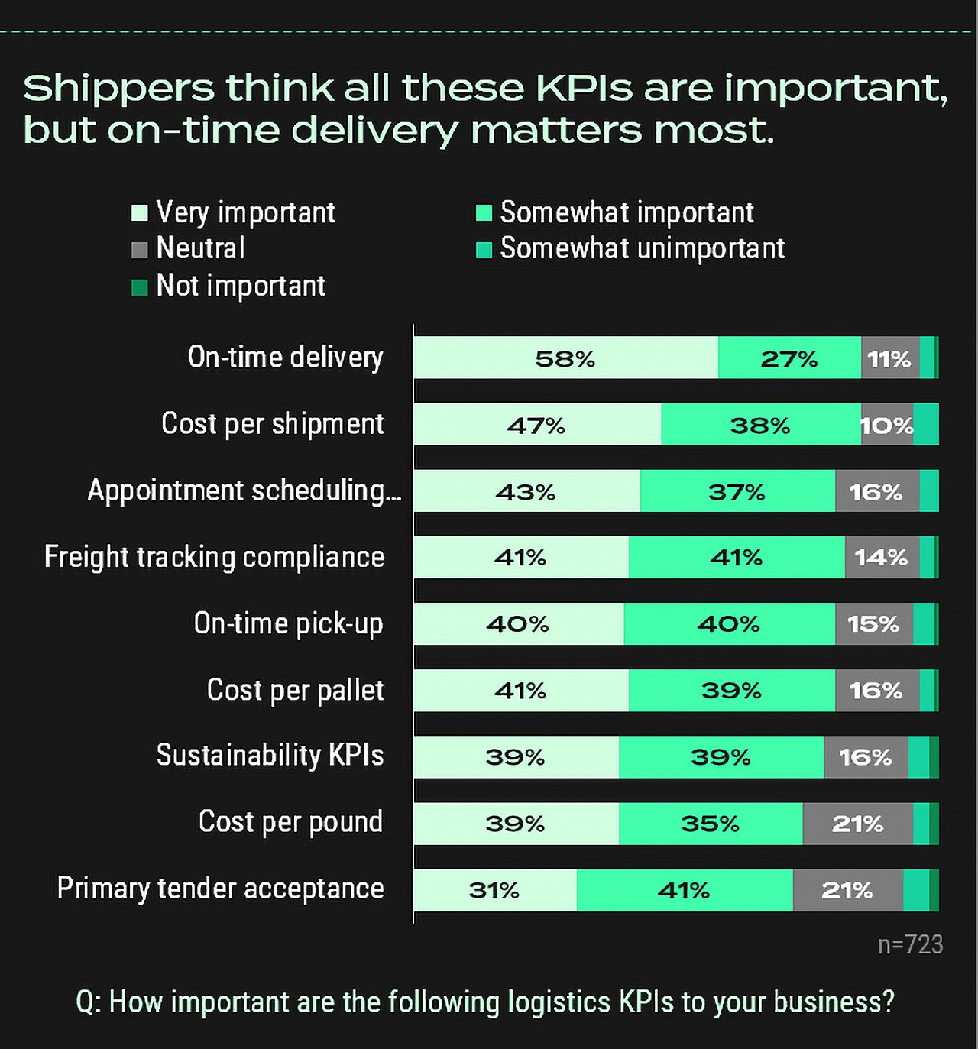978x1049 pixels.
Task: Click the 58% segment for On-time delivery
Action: click(565, 358)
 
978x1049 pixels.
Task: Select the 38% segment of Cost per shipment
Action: click(760, 425)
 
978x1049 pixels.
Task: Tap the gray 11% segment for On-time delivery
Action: click(889, 358)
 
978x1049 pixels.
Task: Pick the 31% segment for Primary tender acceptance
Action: click(494, 890)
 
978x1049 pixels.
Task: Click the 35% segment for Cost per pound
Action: click(710, 824)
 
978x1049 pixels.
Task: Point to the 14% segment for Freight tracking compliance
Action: click(882, 558)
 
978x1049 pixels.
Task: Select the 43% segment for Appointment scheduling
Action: click(526, 491)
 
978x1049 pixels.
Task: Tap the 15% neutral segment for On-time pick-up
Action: click(873, 624)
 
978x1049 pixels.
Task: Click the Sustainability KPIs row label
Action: click(270, 755)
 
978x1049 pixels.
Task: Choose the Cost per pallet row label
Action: click(295, 690)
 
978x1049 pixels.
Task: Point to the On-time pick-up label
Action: click(288, 623)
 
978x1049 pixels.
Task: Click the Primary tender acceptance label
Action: click(220, 889)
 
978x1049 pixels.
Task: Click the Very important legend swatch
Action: click(139, 212)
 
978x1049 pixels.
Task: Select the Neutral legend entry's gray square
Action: click(139, 250)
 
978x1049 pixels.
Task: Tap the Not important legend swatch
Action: click(139, 287)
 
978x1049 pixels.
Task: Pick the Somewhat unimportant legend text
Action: click(643, 248)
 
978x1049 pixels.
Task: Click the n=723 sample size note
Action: click(910, 945)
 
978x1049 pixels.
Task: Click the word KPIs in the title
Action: click(585, 88)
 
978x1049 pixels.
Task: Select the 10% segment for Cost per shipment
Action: click(886, 425)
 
